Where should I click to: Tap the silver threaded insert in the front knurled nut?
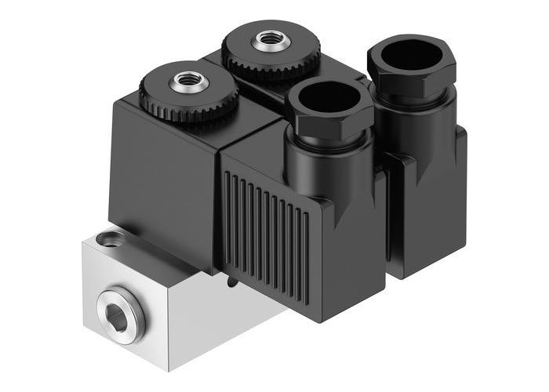point(189,80)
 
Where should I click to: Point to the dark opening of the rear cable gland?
point(409,54)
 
